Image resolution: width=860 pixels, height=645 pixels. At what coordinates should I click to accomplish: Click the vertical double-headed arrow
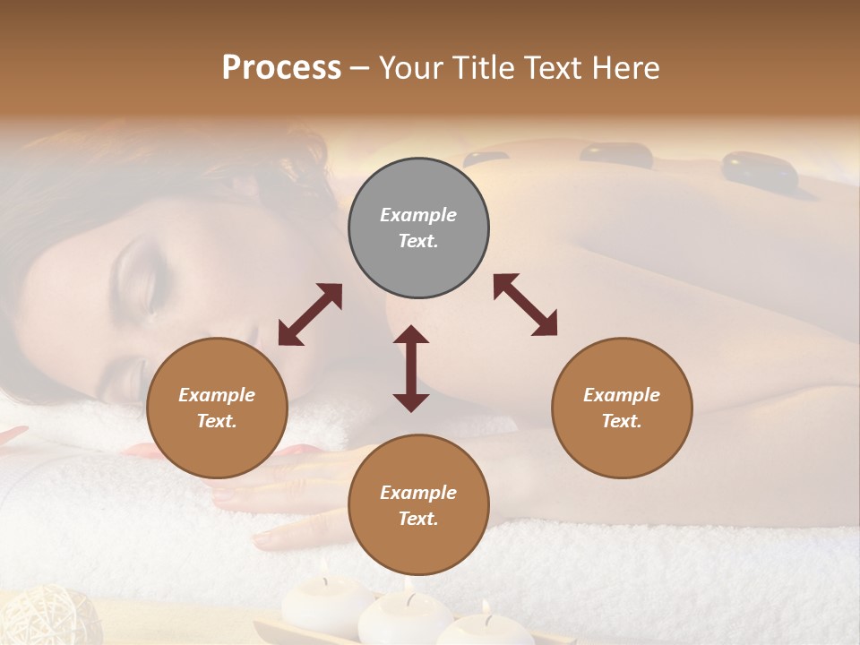click(411, 368)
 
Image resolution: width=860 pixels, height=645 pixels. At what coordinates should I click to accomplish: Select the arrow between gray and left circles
click(310, 314)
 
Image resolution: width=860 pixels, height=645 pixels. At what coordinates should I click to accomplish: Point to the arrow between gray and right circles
click(526, 305)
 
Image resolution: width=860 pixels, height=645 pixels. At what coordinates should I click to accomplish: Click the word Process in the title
click(281, 67)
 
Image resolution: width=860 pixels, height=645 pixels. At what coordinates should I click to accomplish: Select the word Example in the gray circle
click(418, 215)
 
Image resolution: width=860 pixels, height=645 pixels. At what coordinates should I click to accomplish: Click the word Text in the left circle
click(217, 421)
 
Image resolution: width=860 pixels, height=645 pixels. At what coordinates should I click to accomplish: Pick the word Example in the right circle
click(622, 395)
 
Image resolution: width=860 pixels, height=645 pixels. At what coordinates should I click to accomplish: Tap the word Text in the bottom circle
click(418, 519)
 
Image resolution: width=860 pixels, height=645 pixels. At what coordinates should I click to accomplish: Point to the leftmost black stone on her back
click(486, 159)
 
